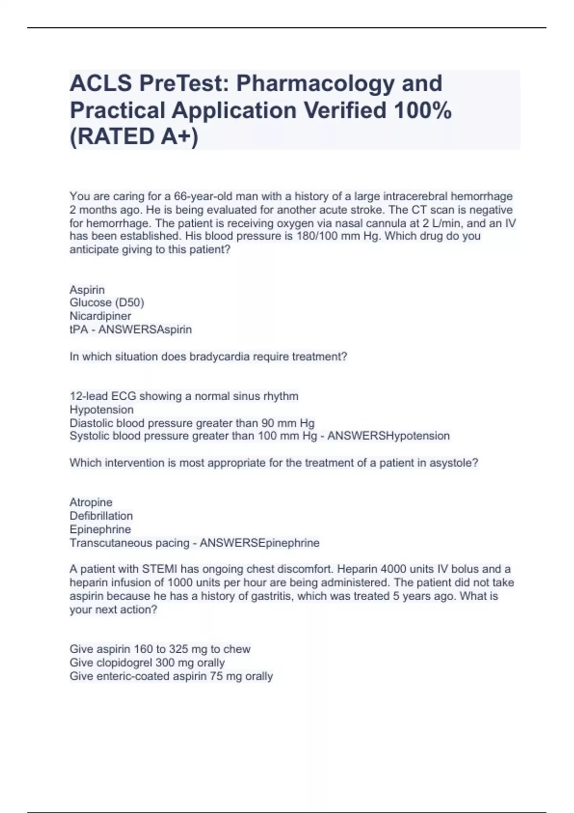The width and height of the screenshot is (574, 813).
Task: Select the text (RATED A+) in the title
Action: coord(134,137)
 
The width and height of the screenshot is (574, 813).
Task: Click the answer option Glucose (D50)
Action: coord(107,303)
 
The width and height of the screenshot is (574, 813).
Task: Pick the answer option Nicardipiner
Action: coord(100,316)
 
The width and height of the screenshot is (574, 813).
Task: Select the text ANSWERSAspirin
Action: coord(145,330)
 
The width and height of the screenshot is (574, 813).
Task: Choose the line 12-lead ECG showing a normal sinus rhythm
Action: coord(184,396)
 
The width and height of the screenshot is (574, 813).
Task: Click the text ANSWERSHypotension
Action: coord(388,436)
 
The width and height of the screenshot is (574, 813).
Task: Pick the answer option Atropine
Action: coord(91,503)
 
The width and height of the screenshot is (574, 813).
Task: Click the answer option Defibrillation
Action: coord(101,516)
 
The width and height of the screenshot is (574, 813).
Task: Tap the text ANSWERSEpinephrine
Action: coord(259,543)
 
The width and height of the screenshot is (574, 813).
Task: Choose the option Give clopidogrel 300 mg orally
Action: coord(147,663)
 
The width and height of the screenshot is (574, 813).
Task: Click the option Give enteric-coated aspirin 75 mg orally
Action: coord(171,676)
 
